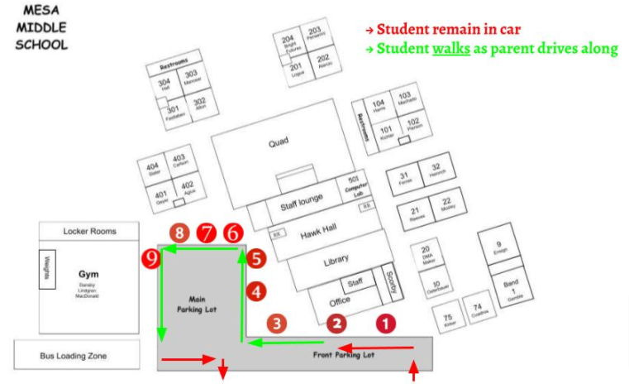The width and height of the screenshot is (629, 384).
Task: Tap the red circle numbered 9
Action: click(150, 259)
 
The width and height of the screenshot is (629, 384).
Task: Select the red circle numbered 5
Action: click(256, 258)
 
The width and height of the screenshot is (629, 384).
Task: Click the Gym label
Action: click(88, 274)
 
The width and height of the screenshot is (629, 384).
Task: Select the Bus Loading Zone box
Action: click(74, 356)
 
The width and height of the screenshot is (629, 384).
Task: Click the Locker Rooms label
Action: click(89, 231)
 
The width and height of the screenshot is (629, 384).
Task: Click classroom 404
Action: click(154, 168)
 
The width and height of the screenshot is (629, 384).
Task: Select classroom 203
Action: click(316, 34)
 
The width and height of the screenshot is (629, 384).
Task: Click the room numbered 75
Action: click(448, 321)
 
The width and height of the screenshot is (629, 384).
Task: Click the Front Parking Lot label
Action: click(343, 355)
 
